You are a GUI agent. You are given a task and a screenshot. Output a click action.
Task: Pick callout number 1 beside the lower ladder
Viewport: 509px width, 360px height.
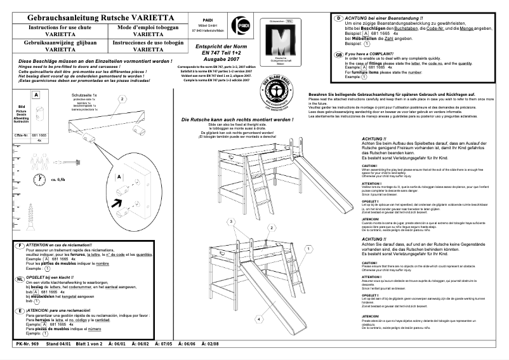pos(309,249)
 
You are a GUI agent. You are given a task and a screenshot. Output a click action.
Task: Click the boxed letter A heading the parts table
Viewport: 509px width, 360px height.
pos(36,95)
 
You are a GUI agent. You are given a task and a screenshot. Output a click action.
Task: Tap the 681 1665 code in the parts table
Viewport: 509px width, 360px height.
pos(39,135)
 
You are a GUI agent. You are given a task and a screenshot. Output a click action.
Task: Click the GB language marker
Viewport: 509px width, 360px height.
pos(339,55)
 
